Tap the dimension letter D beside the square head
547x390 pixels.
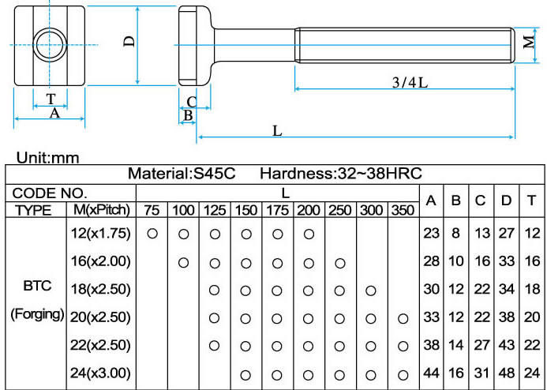pyautogui.click(x=128, y=43)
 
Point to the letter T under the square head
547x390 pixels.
pyautogui.click(x=51, y=99)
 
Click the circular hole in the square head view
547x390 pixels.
pyautogui.click(x=50, y=45)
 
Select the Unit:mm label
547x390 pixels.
pyautogui.click(x=48, y=158)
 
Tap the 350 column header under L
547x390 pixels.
pyautogui.click(x=403, y=211)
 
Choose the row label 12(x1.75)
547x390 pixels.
pyautogui.click(x=101, y=234)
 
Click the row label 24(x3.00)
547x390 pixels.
pyautogui.click(x=101, y=373)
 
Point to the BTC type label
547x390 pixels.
pyautogui.click(x=37, y=287)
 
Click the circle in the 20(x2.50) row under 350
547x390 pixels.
pyautogui.click(x=403, y=317)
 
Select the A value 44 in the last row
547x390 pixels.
pyautogui.click(x=431, y=373)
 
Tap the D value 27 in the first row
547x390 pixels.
pyautogui.click(x=506, y=234)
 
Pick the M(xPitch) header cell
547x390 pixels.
pyautogui.click(x=101, y=211)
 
